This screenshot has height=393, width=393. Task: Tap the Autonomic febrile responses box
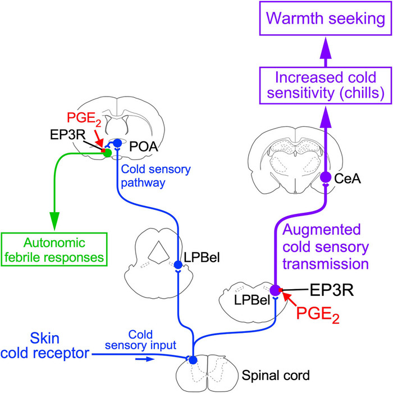click(54, 250)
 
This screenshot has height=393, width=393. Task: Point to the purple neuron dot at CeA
click(326, 177)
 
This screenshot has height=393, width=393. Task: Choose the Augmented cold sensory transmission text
click(328, 246)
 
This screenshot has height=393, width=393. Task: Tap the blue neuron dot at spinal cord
click(193, 359)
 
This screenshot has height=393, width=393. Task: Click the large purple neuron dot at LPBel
click(275, 290)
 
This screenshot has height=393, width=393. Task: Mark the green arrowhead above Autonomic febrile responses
click(54, 222)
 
